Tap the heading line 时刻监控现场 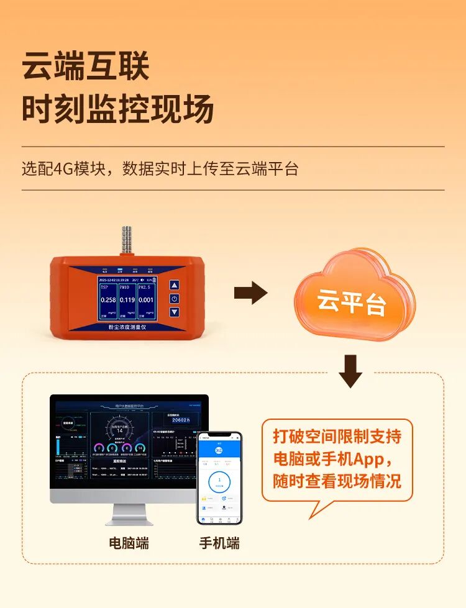pos(118,109)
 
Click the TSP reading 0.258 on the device pos(108,299)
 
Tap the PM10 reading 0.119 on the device pos(127,299)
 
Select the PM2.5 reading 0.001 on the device pos(146,299)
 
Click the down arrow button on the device pos(174,311)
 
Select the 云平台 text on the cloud pos(352,302)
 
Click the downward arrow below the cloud pos(350,371)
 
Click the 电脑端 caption pos(129,543)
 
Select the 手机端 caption pos(219,543)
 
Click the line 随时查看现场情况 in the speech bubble pos(337,481)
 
